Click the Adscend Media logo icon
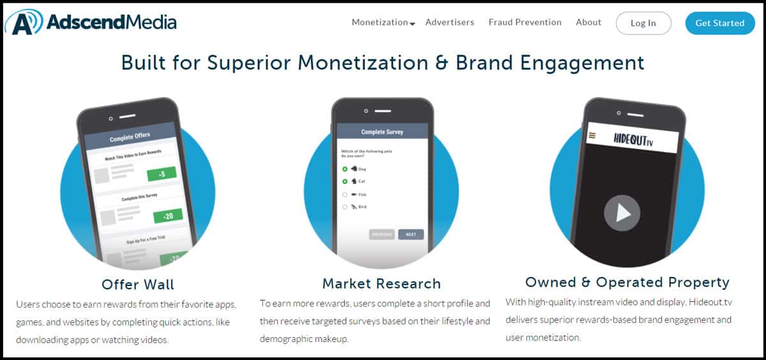click(x=24, y=22)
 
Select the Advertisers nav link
click(x=449, y=22)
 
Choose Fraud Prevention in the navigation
click(x=525, y=22)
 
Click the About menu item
click(x=588, y=22)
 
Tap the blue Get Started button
click(x=719, y=23)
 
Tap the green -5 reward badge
click(x=161, y=174)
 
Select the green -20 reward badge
click(x=168, y=216)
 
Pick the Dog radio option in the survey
click(x=345, y=169)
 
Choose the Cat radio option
click(x=345, y=181)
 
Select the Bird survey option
click(x=345, y=207)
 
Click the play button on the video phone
click(x=622, y=213)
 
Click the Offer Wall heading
click(x=137, y=284)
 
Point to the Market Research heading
click(x=381, y=283)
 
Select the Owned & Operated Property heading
click(x=627, y=282)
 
